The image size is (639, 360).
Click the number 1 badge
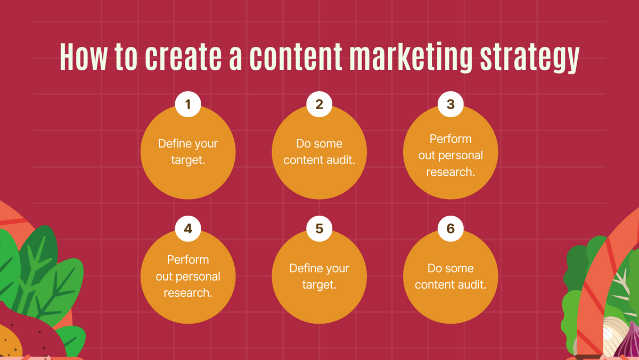188,104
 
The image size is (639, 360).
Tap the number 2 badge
319,104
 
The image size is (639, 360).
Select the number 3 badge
450,104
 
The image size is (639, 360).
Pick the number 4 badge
188,228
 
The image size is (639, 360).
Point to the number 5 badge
319,228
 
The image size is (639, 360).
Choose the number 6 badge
450,228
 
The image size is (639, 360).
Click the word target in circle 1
187,160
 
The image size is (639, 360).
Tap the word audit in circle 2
341,160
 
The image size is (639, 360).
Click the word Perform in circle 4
188,260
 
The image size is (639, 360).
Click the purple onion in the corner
628,342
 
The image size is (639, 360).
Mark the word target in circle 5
319,285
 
